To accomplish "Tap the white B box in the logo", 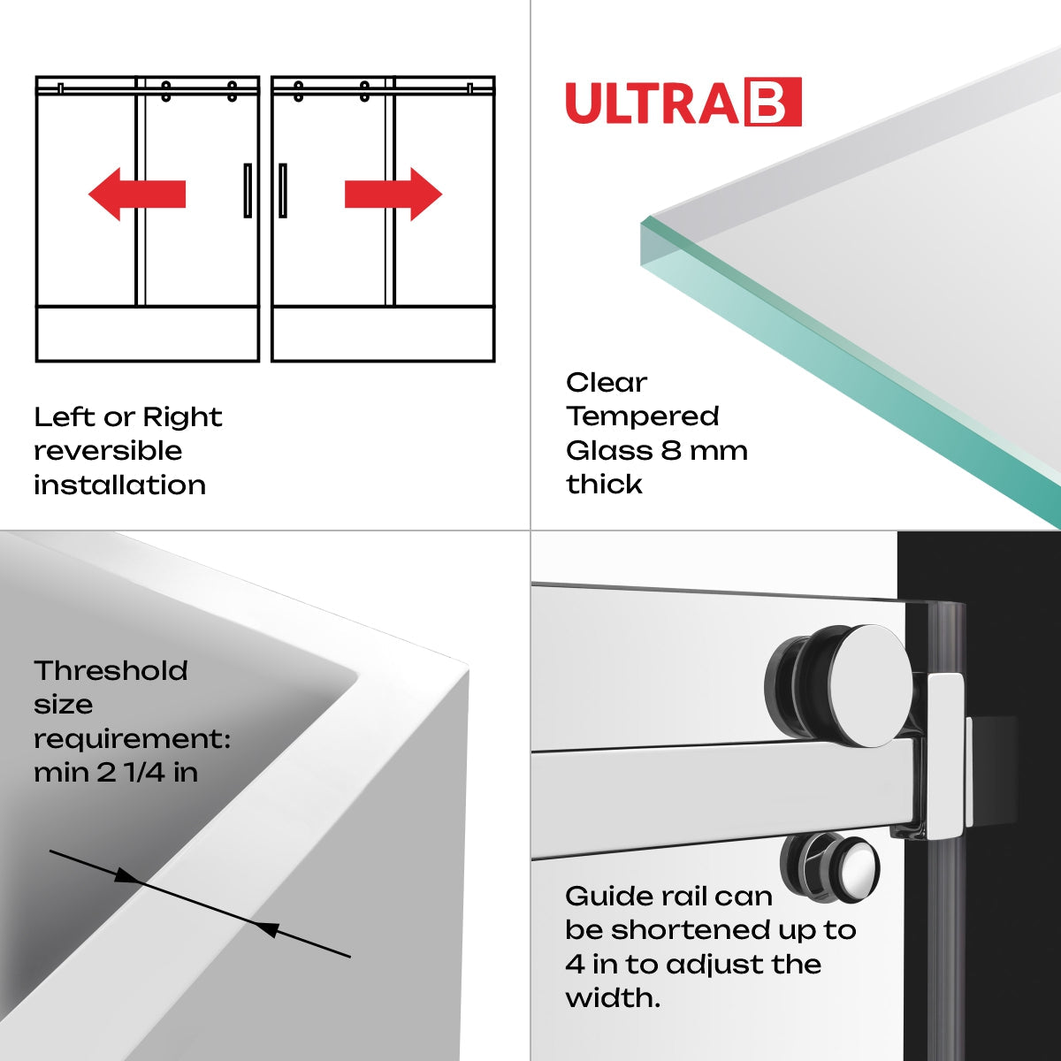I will point(773,103).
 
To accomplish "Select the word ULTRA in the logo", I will point(653,103).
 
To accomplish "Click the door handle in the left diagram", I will point(248,190).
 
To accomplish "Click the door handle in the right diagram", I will point(283,190).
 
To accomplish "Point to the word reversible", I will point(108,451).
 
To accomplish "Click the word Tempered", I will point(643,416).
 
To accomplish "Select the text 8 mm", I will point(705,451).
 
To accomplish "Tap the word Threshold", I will point(111,671).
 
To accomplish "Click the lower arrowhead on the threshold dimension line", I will point(267,928).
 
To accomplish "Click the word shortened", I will point(691,930).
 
